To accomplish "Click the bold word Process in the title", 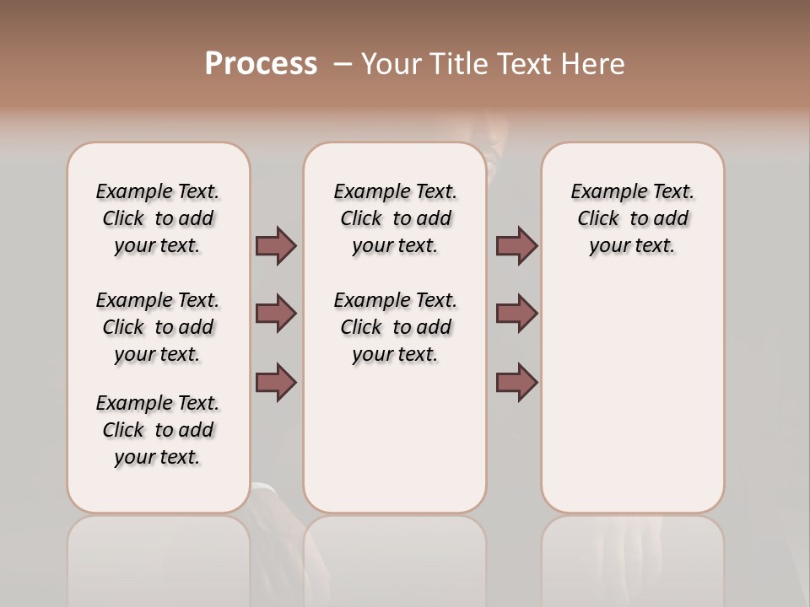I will coord(261,64).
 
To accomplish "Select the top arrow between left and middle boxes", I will coord(276,246).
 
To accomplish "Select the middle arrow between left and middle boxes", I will coord(276,314).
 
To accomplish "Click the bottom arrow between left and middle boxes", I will coord(276,382).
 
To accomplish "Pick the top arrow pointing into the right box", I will coord(516,246).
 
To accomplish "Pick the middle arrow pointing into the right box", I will coord(516,314).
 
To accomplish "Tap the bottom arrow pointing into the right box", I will coord(516,382).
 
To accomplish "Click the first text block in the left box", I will coord(158,218).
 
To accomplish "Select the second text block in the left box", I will coord(158,327).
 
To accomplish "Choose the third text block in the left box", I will coord(158,430).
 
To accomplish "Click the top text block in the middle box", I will coord(395,218).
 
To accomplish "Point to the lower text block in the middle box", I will coord(395,327).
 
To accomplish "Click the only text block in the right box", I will coord(632,218).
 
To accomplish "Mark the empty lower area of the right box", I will coord(632,396).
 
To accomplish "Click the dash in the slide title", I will coord(343,64).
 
